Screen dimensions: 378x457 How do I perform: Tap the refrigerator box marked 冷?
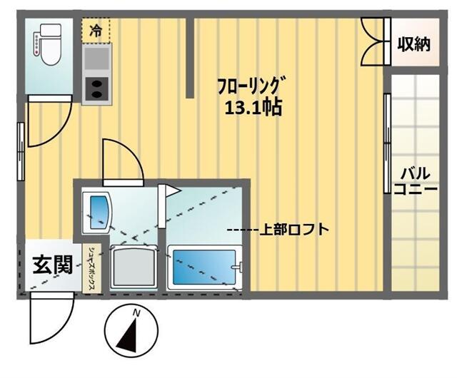click(94, 30)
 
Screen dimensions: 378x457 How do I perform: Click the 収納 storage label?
click(414, 45)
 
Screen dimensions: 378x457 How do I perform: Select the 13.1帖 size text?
click(253, 108)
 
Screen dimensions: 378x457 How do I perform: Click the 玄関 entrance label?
click(51, 265)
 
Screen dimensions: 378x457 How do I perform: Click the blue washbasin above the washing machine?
click(98, 209)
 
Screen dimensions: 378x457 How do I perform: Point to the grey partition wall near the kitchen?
click(190, 57)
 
